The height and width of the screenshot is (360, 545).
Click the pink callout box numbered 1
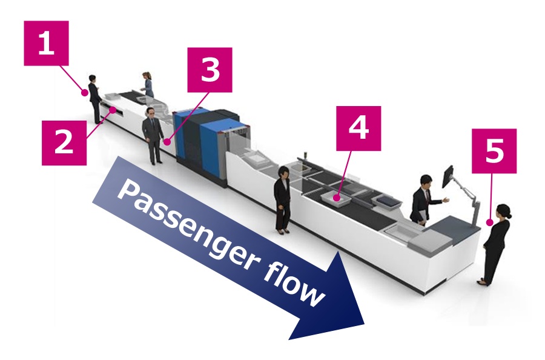(46, 43)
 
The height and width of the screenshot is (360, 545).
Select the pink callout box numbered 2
(64, 142)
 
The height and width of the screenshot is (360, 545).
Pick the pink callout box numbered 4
(358, 128)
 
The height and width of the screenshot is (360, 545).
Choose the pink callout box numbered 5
(494, 151)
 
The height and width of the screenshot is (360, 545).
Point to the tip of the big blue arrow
(363, 321)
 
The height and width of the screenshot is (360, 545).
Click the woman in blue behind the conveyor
(148, 84)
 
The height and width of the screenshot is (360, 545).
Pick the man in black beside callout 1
(95, 98)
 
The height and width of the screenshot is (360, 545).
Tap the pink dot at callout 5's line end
(487, 223)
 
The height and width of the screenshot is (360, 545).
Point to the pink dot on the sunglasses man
(165, 143)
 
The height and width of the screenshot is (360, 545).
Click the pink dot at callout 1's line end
(85, 93)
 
